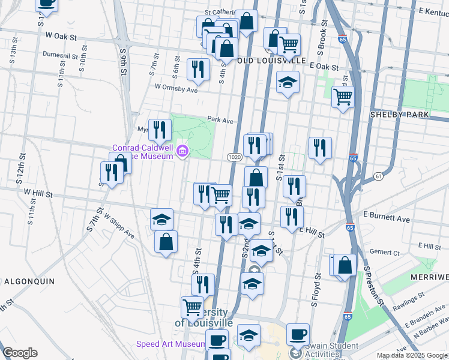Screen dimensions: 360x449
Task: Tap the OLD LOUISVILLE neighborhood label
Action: coord(271,61)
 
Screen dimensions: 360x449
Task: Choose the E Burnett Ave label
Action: coord(386,214)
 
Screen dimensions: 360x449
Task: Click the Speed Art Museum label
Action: coord(171,344)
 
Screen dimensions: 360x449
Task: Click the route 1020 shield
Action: coord(235,157)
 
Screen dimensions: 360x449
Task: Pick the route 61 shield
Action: coord(378,176)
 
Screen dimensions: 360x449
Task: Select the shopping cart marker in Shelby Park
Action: coord(343,95)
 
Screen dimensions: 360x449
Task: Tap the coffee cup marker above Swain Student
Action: coord(297,334)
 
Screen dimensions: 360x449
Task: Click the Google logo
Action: coord(20,353)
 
